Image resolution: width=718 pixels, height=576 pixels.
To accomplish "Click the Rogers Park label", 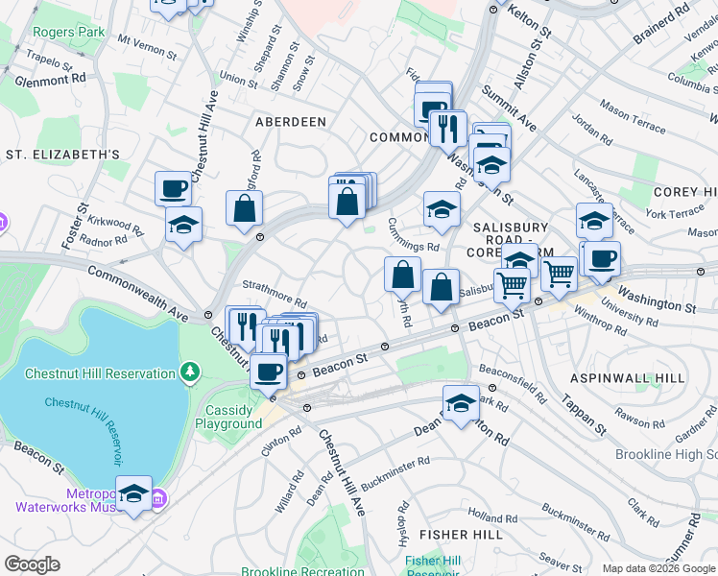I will pos(68,32).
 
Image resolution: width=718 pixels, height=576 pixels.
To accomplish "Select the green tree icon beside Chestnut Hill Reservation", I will pos(191,372).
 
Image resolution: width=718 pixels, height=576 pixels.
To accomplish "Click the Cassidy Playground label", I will pos(228,417).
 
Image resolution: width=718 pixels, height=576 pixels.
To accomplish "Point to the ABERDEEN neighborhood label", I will pos(290,122).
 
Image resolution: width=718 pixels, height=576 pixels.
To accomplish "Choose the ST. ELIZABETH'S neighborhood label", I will pos(62,154).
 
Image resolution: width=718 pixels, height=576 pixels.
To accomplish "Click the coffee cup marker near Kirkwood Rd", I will pos(174,187).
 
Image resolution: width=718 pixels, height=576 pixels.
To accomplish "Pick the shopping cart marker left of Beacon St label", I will pos(513,283).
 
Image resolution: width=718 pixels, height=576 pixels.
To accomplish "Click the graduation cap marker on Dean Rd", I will pos(462,403).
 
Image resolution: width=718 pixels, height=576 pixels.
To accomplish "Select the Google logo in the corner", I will pos(33,564).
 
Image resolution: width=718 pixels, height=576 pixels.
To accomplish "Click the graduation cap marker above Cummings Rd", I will pos(442,209).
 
